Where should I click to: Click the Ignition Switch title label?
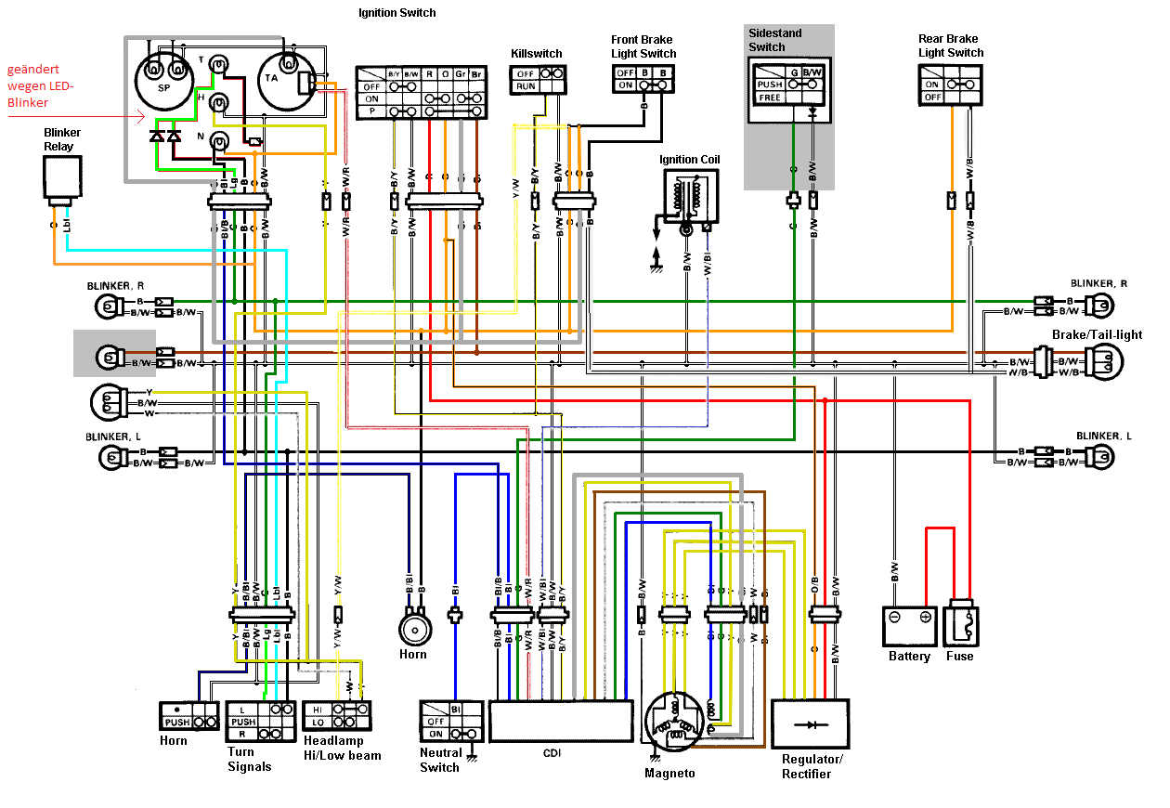[x=396, y=13]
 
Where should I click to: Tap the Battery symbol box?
[x=909, y=626]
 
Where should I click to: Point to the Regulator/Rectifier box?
[x=811, y=723]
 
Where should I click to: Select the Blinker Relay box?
[x=62, y=178]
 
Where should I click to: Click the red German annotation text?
[x=39, y=86]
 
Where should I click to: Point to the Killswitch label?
[x=537, y=54]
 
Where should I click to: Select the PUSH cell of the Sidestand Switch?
[x=770, y=85]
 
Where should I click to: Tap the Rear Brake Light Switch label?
[x=950, y=46]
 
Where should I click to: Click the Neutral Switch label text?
[x=439, y=760]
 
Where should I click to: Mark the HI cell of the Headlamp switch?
[x=317, y=709]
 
